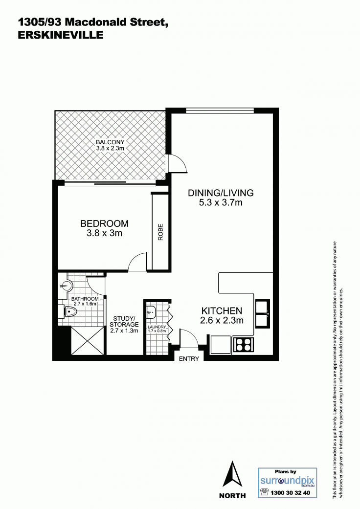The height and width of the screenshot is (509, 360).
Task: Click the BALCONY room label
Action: [x=110, y=142]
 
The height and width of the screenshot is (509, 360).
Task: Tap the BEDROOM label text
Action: [x=105, y=223]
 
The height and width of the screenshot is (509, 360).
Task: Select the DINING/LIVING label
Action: [x=221, y=193]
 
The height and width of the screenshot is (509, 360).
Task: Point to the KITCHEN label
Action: [x=222, y=310]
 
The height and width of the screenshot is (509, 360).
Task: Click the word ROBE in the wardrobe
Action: [x=161, y=232]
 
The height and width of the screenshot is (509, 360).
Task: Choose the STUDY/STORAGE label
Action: [x=124, y=321]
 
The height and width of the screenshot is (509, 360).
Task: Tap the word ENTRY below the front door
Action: [x=189, y=359]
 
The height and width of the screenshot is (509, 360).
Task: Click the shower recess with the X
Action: [x=88, y=340]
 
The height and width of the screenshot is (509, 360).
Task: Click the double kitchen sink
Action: [x=262, y=313]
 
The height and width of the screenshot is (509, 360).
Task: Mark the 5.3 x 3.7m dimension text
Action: [x=221, y=202]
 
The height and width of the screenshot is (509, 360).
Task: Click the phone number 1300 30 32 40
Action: [x=290, y=493]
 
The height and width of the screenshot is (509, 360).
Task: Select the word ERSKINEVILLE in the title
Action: [x=61, y=35]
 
